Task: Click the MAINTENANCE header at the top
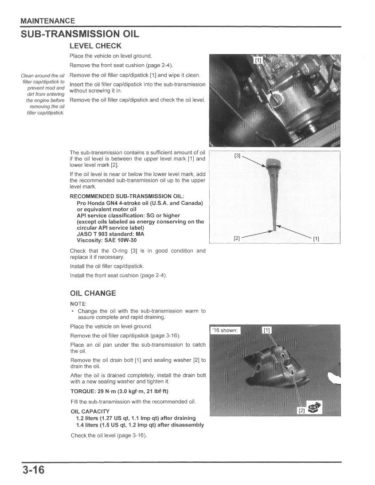pos(48,21)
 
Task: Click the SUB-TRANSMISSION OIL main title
pos(80,34)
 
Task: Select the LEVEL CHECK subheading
pos(95,46)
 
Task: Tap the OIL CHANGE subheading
pos(93,293)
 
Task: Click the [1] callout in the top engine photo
pos(258,60)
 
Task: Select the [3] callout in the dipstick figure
pos(237,156)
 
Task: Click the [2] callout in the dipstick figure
pos(237,238)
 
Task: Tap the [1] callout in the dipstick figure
pos(316,239)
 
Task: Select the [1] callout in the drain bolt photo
pos(266,330)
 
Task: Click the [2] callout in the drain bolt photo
pos(301,411)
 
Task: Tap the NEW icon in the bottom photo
pos(315,407)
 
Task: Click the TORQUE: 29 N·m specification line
pos(119,391)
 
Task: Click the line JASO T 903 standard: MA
pos(110,234)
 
